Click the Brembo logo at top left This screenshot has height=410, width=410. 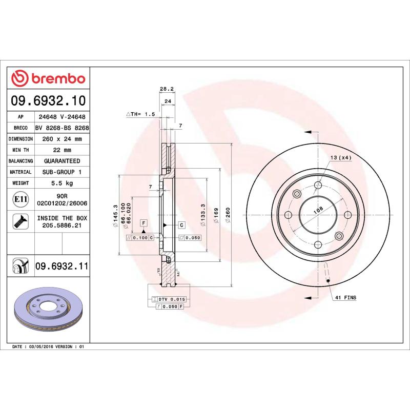click(48, 78)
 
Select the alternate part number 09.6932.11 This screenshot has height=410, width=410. click(61, 266)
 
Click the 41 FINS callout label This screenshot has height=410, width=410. click(345, 297)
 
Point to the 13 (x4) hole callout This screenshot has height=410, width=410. click(341, 158)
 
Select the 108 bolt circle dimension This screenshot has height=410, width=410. click(318, 210)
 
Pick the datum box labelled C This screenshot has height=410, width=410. click(181, 225)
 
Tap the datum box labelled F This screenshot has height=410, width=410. click(143, 222)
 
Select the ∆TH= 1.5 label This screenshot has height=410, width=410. click(140, 114)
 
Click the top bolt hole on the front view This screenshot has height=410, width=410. click(318, 185)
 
